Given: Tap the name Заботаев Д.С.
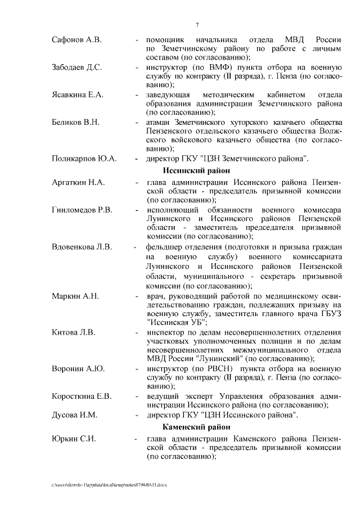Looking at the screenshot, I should coord(76,67).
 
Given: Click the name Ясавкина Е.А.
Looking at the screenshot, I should coord(78,94).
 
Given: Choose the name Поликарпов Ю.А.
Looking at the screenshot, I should coord(84,159).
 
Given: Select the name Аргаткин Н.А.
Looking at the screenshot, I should coord(78,183).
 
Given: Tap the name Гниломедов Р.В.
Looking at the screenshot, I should coord(82,209).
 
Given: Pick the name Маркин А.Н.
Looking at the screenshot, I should coord(75,295).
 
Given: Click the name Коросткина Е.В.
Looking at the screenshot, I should coord(81,395).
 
